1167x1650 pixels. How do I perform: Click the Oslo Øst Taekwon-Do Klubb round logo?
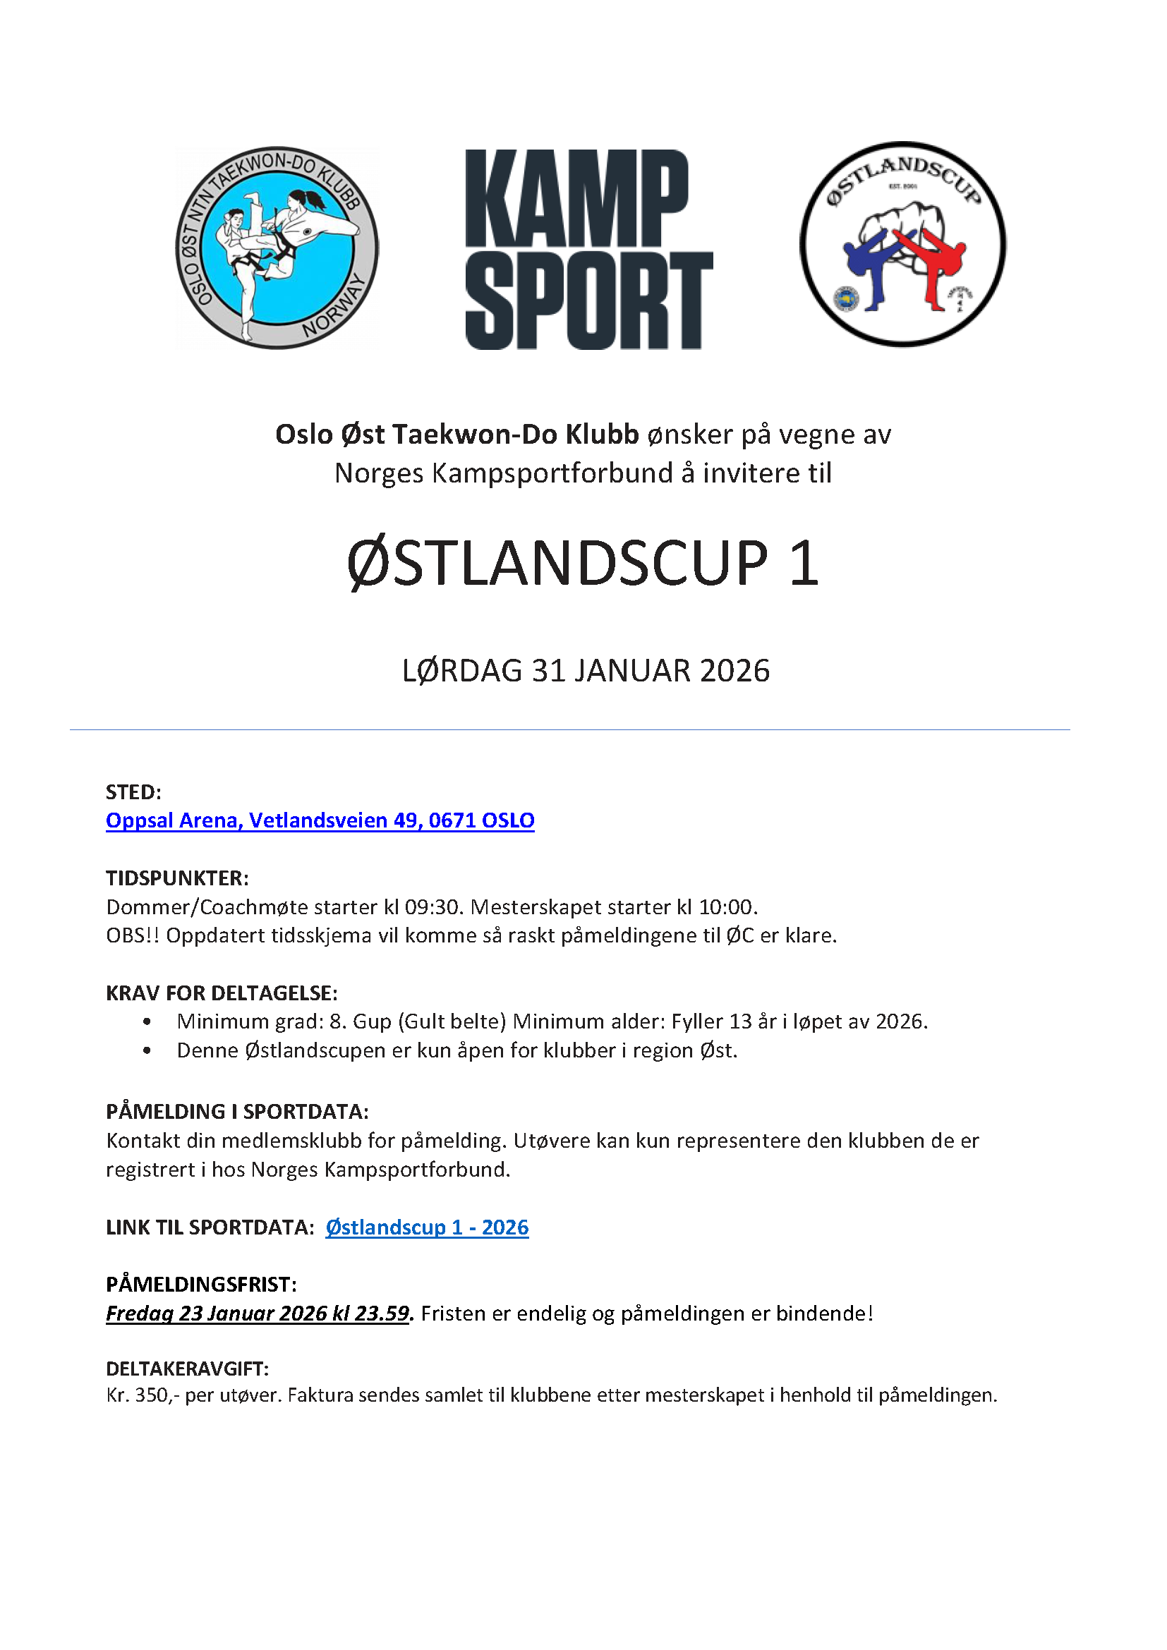tap(277, 248)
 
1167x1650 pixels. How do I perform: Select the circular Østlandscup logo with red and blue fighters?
tap(902, 244)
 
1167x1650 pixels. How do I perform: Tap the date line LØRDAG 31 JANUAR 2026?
tap(586, 670)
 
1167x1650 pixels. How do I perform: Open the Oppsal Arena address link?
tap(320, 820)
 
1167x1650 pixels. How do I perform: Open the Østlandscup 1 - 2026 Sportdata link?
tap(427, 1227)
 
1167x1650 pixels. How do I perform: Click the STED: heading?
tap(133, 791)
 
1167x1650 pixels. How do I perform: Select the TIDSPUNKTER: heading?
tap(177, 878)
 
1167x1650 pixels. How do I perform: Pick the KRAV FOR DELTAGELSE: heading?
tap(222, 993)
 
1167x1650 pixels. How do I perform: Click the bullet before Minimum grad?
tap(147, 1021)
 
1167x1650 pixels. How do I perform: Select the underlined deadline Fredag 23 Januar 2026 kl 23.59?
tap(258, 1313)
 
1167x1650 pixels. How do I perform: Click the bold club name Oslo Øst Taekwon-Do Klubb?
tap(457, 434)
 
